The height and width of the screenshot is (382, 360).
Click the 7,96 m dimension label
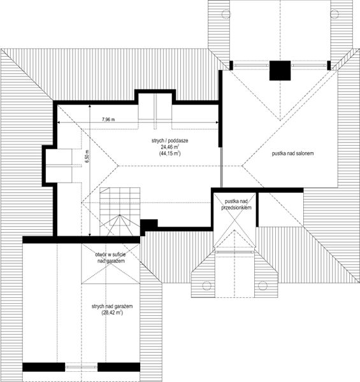[x=108, y=120]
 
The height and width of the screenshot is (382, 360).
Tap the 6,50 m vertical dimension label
[x=87, y=157]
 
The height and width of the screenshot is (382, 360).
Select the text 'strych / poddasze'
[x=170, y=141]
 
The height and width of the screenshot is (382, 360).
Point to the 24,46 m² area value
[x=170, y=147]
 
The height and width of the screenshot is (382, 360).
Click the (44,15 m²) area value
[x=170, y=153]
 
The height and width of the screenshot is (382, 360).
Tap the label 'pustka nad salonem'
[x=292, y=153]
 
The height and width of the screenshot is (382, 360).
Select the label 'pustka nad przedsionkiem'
[x=236, y=204]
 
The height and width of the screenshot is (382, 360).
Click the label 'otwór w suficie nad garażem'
[x=111, y=258]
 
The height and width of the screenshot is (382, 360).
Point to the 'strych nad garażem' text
[x=112, y=306]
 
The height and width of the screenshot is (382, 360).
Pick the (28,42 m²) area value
[x=112, y=313]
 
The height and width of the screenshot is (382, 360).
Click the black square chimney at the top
[x=280, y=71]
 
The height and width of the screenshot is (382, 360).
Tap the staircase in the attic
[x=120, y=211]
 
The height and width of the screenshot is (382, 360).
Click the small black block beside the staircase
[x=148, y=223]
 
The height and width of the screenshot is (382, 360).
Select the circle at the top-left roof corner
[x=226, y=14]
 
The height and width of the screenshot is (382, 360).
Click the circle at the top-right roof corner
[x=335, y=14]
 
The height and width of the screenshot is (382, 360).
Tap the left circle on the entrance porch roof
[x=206, y=285]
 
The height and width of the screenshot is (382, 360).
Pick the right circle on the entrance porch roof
[x=263, y=285]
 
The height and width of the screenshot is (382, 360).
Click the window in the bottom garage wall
[x=82, y=367]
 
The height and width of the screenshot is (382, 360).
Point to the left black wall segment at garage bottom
[x=44, y=367]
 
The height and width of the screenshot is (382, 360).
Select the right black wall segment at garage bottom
[x=119, y=367]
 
